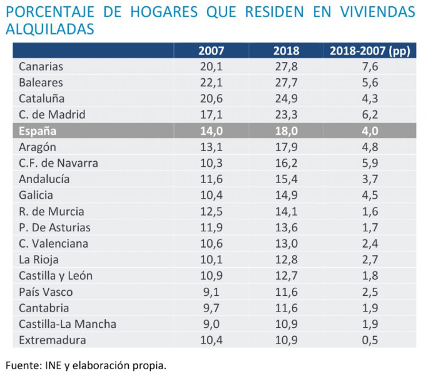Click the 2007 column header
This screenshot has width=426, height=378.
[211, 51]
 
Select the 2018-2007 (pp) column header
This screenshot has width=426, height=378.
[369, 51]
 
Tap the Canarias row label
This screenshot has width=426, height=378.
[41, 66]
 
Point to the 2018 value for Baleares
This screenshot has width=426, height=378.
[287, 83]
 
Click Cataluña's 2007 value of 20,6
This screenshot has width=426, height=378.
[211, 98]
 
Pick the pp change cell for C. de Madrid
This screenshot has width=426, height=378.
[369, 115]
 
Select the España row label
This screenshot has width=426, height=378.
[38, 131]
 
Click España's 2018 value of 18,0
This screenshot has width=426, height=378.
[287, 131]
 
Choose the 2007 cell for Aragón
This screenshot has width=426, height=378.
[211, 147]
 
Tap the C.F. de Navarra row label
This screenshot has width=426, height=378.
[58, 163]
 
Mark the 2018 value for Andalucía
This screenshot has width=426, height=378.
[287, 179]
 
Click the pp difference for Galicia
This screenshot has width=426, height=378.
[369, 195]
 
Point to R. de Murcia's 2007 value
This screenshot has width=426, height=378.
[211, 211]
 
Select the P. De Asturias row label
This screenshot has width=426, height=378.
[54, 228]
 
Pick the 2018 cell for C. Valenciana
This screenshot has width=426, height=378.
[287, 243]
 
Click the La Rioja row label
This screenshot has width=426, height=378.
[39, 260]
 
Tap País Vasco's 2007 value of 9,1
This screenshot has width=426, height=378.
[211, 291]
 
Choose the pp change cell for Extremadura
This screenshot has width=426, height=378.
[369, 340]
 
